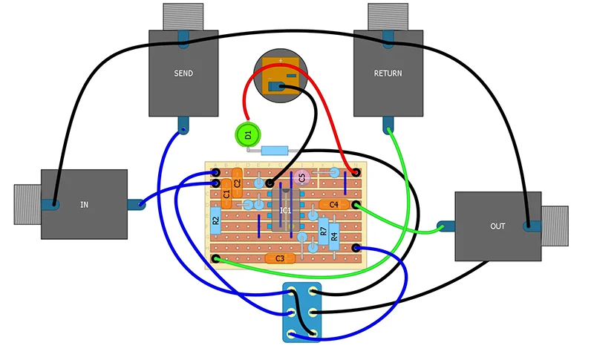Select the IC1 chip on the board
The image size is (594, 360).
285,210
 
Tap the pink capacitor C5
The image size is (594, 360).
301,177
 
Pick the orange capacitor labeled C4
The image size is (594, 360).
333,204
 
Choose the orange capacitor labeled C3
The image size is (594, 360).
280,258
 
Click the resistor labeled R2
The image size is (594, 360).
215,220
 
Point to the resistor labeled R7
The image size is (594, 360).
323,229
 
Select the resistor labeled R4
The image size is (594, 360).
334,235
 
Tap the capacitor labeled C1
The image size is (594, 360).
226,194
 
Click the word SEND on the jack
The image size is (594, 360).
183,73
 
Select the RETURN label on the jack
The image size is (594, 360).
388,73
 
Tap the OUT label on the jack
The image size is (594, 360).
497,226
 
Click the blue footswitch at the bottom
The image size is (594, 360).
301,312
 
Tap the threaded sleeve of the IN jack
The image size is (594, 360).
27,203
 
